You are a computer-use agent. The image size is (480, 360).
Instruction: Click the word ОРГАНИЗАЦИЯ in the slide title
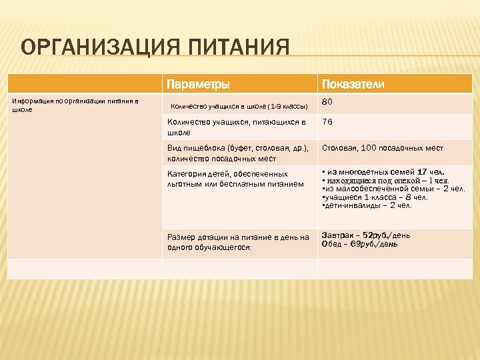(x=86, y=49)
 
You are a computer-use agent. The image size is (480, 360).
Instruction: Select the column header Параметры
(x=198, y=85)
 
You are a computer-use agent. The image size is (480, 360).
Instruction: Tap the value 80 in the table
(x=327, y=103)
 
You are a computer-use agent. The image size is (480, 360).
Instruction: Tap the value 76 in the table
(x=327, y=123)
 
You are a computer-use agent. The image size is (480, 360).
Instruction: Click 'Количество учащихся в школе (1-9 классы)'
(x=239, y=106)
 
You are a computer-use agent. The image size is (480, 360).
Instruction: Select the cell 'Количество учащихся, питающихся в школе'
(x=236, y=127)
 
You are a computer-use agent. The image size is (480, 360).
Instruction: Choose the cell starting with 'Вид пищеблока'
(x=235, y=153)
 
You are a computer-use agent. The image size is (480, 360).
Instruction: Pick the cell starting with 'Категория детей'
(x=235, y=179)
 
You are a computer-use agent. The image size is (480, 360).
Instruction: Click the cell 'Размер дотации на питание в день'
(x=238, y=241)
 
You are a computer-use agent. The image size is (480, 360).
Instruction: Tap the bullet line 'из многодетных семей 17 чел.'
(x=383, y=172)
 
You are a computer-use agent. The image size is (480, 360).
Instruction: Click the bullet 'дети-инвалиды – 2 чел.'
(x=367, y=205)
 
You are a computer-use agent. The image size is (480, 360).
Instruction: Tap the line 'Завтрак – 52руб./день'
(x=366, y=236)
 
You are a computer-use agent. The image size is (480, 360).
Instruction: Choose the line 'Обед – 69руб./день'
(x=360, y=245)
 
